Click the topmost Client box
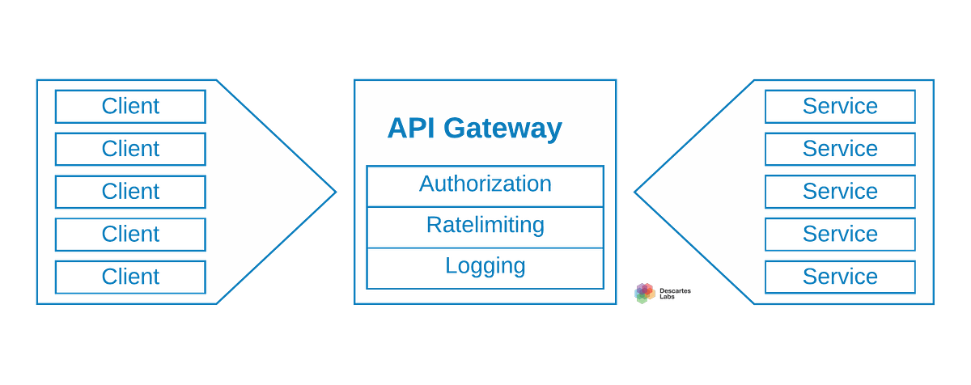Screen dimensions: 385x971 tap(130, 106)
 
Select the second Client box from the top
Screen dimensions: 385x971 tap(130, 149)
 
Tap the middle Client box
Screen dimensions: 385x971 tap(130, 192)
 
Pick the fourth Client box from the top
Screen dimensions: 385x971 tap(130, 235)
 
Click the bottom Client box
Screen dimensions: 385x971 tap(130, 277)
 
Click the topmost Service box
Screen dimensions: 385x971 tap(840, 106)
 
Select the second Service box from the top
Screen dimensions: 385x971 tap(840, 149)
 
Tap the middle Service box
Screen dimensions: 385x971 tap(840, 192)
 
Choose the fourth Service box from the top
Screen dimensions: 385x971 tap(840, 235)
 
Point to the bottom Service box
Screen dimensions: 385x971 tap(840, 277)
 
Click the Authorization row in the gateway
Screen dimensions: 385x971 tap(485, 185)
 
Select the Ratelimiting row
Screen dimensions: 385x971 tap(485, 226)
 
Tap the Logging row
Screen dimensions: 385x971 tap(485, 267)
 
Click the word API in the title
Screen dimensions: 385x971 tap(411, 129)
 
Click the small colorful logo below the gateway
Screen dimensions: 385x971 tap(644, 292)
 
